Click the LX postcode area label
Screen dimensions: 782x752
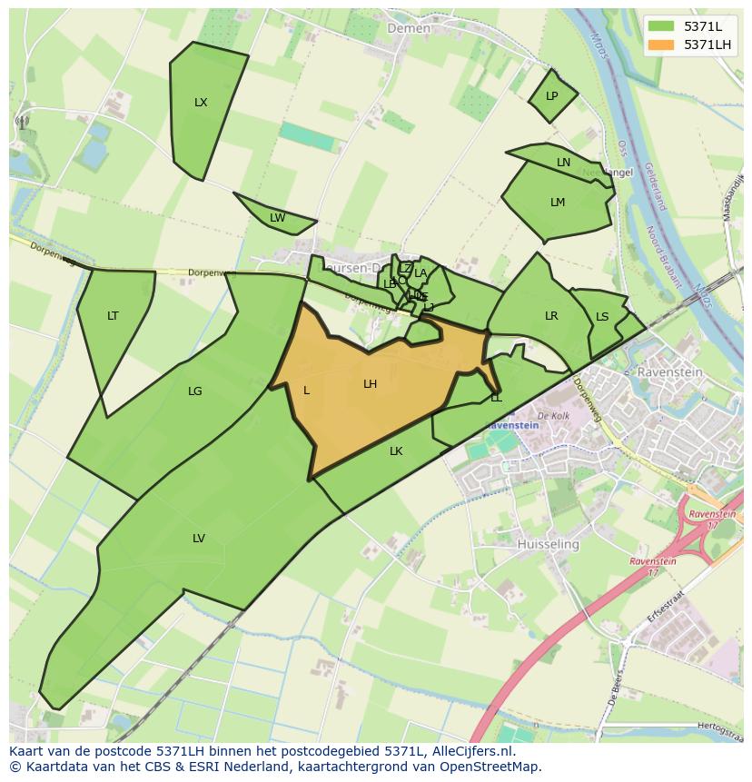[201, 103]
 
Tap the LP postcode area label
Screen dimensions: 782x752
[551, 96]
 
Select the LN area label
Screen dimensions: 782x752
[563, 163]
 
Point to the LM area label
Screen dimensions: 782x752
[558, 203]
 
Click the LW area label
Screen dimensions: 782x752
[277, 218]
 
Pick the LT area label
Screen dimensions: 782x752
[113, 316]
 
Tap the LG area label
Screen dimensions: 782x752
[194, 391]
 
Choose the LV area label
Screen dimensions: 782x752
[198, 539]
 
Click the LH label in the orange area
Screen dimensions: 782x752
[370, 384]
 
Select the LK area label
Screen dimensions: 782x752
[396, 451]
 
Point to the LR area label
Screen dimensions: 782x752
[551, 316]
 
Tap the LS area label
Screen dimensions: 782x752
[602, 317]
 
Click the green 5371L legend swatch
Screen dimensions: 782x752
[661, 25]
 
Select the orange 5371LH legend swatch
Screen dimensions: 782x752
[661, 44]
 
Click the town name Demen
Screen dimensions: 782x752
[409, 28]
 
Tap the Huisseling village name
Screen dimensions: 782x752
[548, 544]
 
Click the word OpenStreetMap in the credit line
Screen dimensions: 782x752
[490, 767]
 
